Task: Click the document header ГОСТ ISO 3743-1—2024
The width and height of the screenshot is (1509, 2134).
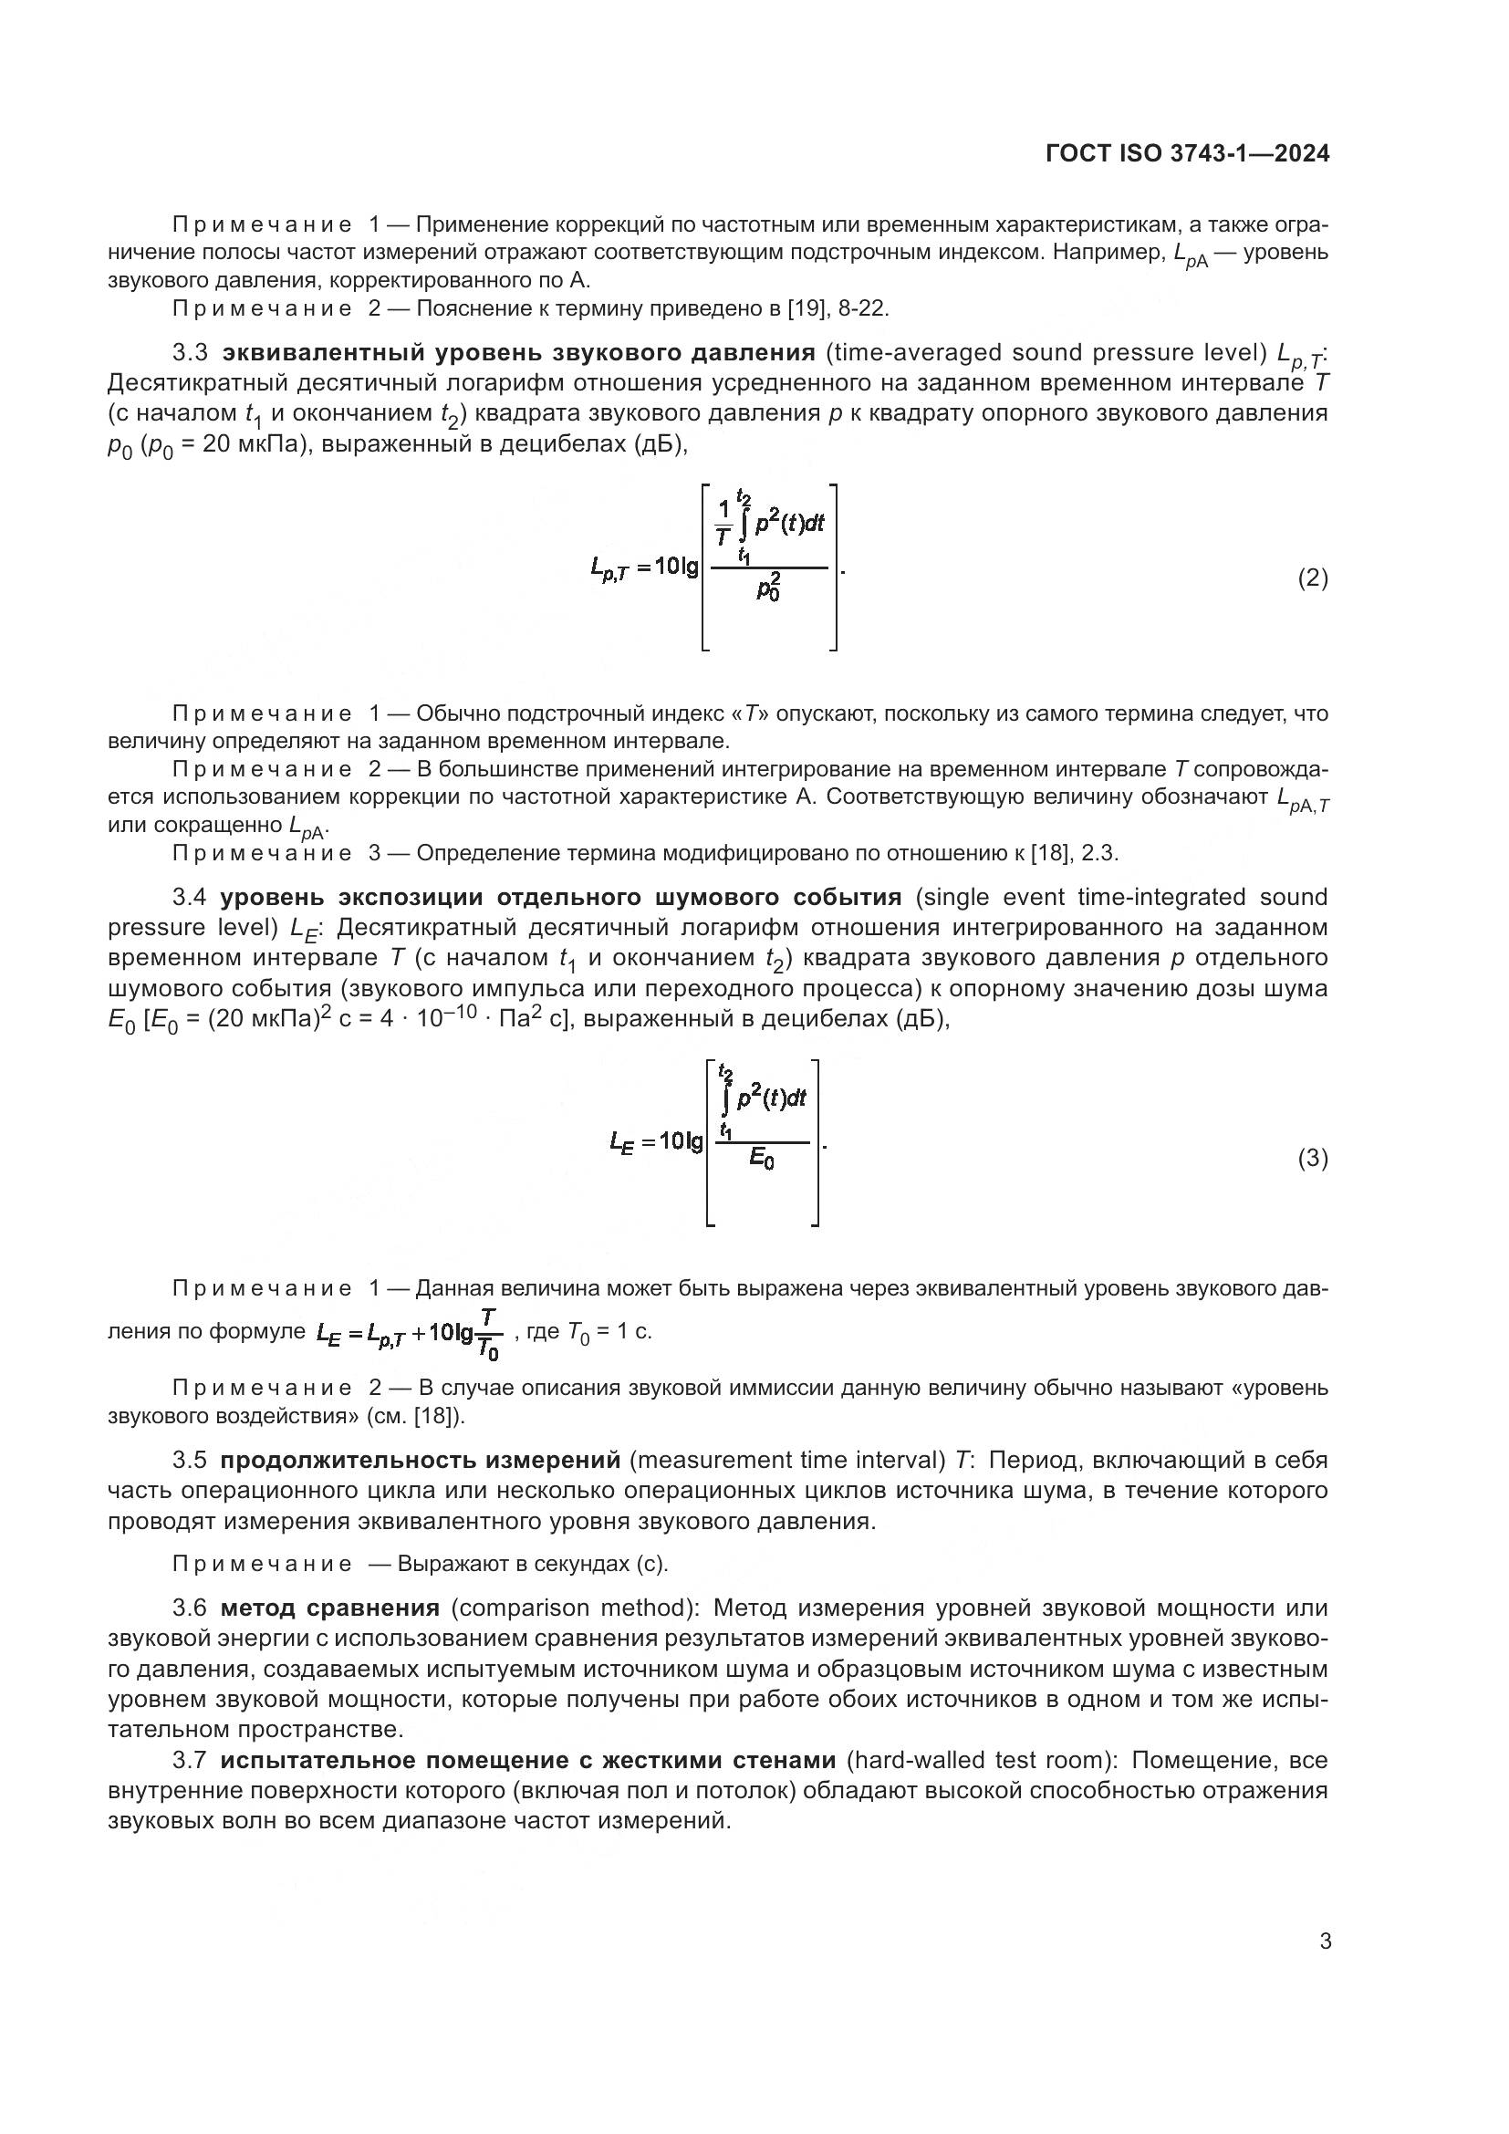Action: (1187, 153)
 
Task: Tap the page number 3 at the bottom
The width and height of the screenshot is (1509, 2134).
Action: (1325, 1941)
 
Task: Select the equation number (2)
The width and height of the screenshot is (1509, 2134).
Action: (1312, 578)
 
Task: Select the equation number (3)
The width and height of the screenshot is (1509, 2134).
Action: (1312, 1158)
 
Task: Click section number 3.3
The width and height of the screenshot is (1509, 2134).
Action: (190, 353)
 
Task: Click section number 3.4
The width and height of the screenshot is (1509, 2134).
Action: (190, 897)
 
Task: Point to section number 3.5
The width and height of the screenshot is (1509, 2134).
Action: (190, 1460)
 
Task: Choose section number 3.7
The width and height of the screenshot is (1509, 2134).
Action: (190, 1760)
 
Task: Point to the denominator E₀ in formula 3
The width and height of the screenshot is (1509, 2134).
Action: (761, 1158)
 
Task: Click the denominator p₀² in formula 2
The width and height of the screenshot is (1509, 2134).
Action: (768, 588)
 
